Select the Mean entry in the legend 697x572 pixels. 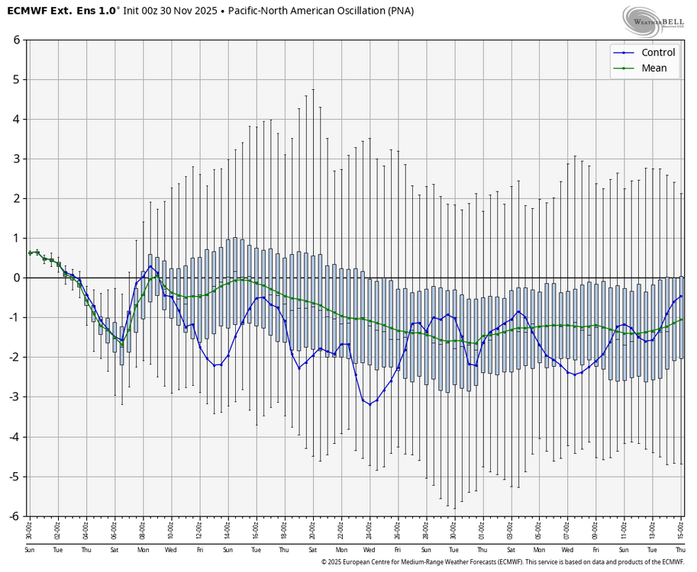pyautogui.click(x=654, y=68)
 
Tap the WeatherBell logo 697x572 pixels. pyautogui.click(x=653, y=21)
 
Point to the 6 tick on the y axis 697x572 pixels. pyautogui.click(x=16, y=40)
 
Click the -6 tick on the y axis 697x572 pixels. pyautogui.click(x=14, y=516)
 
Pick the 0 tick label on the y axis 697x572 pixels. pyautogui.click(x=16, y=278)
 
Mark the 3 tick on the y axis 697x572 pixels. pyautogui.click(x=16, y=159)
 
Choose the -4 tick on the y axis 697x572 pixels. pyautogui.click(x=14, y=437)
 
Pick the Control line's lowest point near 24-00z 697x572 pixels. pyautogui.click(x=369, y=404)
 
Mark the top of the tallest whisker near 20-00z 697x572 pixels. pyautogui.click(x=313, y=89)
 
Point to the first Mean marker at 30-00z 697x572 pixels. pyautogui.click(x=30, y=252)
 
